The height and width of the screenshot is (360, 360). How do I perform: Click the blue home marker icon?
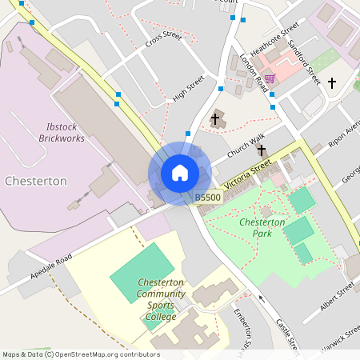pos(179,173)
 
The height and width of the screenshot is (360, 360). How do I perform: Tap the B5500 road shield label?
pos(207,197)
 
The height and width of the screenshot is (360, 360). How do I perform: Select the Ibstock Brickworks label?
pos(62,132)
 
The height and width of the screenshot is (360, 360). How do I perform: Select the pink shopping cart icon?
pos(270,78)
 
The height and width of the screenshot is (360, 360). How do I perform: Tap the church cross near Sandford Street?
pos(332,82)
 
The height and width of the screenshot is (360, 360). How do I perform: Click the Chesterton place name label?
pos(35,182)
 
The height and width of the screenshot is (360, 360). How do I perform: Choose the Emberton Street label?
pos(242,328)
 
